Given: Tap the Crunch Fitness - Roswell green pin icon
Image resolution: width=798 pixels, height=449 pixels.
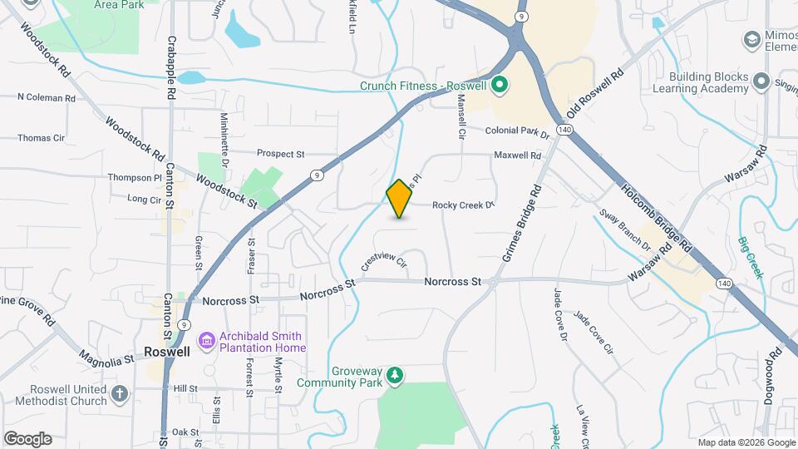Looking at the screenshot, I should point(500,85).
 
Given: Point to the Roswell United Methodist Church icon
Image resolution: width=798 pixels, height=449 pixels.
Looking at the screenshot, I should point(120,393).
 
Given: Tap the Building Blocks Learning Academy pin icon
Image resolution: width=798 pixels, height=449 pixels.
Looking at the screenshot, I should point(761,81).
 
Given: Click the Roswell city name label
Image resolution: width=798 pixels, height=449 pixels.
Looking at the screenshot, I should point(165,351).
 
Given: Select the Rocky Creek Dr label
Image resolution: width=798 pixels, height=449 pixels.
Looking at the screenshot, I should point(463,205).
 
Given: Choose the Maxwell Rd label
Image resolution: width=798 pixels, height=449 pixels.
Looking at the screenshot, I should point(517,155).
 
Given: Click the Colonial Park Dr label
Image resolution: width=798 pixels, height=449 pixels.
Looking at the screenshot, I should point(518,131).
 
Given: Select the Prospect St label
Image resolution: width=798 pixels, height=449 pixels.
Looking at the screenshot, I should point(281,154).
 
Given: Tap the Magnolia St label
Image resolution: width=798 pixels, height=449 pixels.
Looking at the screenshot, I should point(107,358).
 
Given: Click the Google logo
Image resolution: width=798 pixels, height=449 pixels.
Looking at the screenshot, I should point(27,438).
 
